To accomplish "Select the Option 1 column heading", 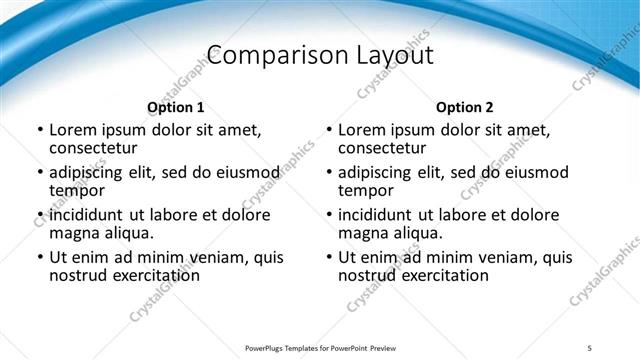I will coord(175,107).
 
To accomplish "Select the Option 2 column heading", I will coord(464,107).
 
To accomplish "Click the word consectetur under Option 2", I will coord(382,148).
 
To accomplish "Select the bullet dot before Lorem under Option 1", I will coord(40,130).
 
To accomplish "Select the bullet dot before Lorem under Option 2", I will coord(329,130).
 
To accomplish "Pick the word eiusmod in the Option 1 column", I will coord(244,172).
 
